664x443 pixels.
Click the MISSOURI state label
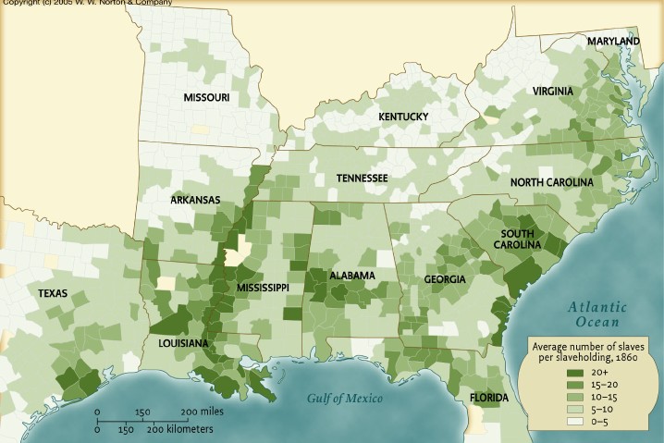[206, 97]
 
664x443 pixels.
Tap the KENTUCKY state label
[402, 117]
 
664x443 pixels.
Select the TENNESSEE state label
[362, 178]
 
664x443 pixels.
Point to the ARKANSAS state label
[195, 199]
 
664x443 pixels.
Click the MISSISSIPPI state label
[263, 289]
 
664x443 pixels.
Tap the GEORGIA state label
[445, 279]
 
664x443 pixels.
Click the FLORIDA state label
[488, 399]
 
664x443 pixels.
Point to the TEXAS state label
[53, 292]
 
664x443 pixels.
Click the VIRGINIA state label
[552, 91]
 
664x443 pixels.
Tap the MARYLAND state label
[613, 43]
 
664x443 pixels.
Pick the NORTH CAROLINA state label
[551, 182]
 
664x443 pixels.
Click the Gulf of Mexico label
[344, 399]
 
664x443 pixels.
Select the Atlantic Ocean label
[596, 314]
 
